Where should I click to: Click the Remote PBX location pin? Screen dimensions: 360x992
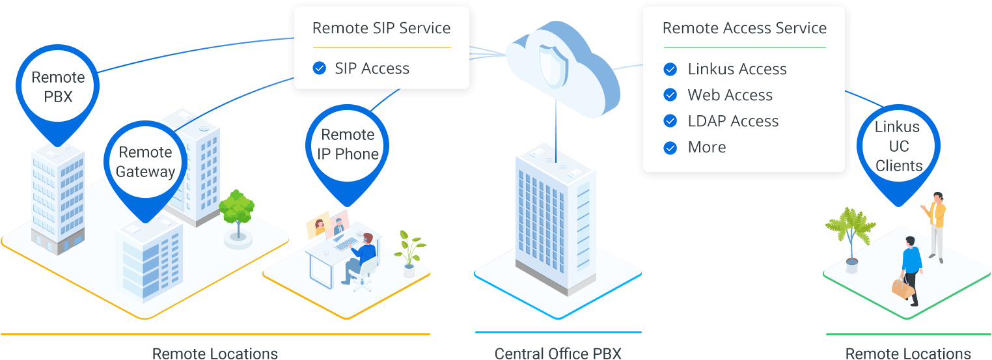click(x=58, y=87)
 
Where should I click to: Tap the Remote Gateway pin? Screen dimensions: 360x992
click(x=145, y=162)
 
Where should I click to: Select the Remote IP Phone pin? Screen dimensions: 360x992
click(x=348, y=145)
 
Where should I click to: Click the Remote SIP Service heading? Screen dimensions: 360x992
click(x=381, y=29)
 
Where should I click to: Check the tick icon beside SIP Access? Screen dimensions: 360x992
click(x=319, y=68)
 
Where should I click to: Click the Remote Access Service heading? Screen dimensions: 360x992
click(x=744, y=29)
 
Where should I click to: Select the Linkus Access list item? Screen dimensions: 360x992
click(x=737, y=69)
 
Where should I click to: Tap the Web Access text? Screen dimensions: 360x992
click(x=730, y=95)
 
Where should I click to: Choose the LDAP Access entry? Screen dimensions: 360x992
click(x=733, y=121)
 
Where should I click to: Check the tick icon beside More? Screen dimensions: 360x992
click(x=670, y=148)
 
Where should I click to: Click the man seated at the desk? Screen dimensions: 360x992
click(x=362, y=257)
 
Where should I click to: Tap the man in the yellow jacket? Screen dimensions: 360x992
click(x=937, y=225)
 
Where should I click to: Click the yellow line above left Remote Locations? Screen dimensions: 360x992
click(x=215, y=335)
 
